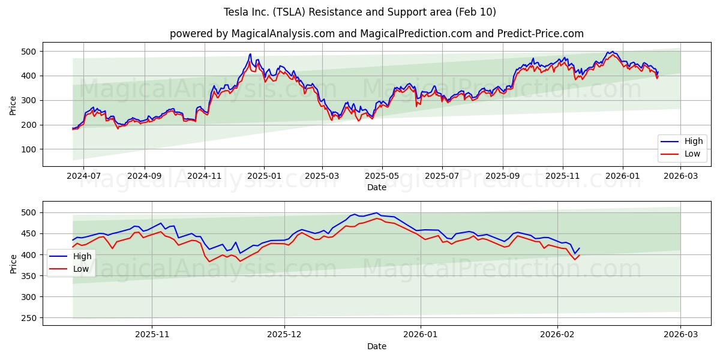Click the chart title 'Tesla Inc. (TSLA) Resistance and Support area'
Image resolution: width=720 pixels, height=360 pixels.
tap(360, 12)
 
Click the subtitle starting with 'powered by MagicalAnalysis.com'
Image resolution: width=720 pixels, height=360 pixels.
tap(376, 34)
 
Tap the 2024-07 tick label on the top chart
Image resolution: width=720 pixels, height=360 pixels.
tap(83, 177)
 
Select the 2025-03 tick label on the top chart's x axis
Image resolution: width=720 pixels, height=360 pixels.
tap(322, 177)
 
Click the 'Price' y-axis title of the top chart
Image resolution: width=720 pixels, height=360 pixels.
tap(13, 104)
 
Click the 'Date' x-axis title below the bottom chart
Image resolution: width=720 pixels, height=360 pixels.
tap(376, 346)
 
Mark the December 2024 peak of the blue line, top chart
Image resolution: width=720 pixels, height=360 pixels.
tap(250, 54)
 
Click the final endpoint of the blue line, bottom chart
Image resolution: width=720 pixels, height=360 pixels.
tap(580, 248)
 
